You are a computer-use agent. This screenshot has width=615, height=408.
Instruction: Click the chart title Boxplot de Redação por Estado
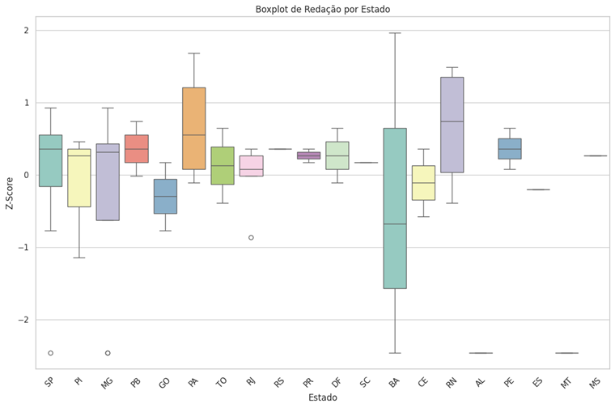(322, 9)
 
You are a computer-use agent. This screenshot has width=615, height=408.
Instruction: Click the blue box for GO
(166, 196)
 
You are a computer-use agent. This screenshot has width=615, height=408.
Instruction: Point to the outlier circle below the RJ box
(251, 237)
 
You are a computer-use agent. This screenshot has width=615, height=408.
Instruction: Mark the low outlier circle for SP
(50, 353)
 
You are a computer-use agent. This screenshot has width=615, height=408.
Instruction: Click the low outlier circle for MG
(108, 353)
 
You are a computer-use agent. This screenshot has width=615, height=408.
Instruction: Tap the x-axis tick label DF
(336, 382)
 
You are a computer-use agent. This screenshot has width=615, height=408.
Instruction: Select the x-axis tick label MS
(594, 382)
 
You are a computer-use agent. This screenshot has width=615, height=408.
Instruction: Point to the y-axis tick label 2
(26, 31)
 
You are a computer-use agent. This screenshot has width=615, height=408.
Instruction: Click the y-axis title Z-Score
(9, 193)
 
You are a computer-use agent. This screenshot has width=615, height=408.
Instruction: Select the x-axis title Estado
(322, 398)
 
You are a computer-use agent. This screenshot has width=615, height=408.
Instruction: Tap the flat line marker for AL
(481, 353)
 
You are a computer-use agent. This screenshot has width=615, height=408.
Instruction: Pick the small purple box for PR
(308, 155)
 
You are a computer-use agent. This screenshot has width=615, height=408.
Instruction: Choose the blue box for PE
(509, 148)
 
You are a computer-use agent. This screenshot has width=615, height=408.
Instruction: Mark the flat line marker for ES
(538, 189)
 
